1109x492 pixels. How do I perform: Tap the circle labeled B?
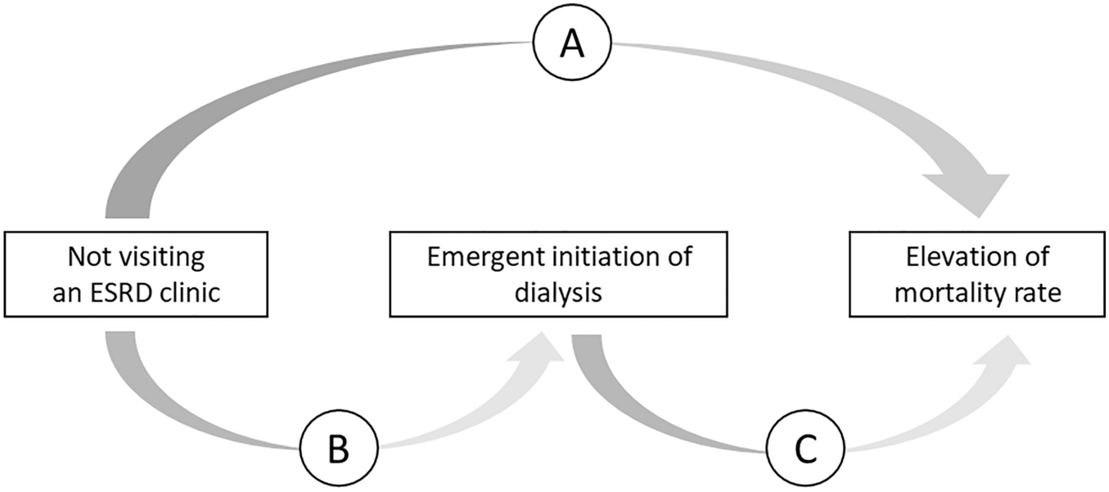click(337, 449)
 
